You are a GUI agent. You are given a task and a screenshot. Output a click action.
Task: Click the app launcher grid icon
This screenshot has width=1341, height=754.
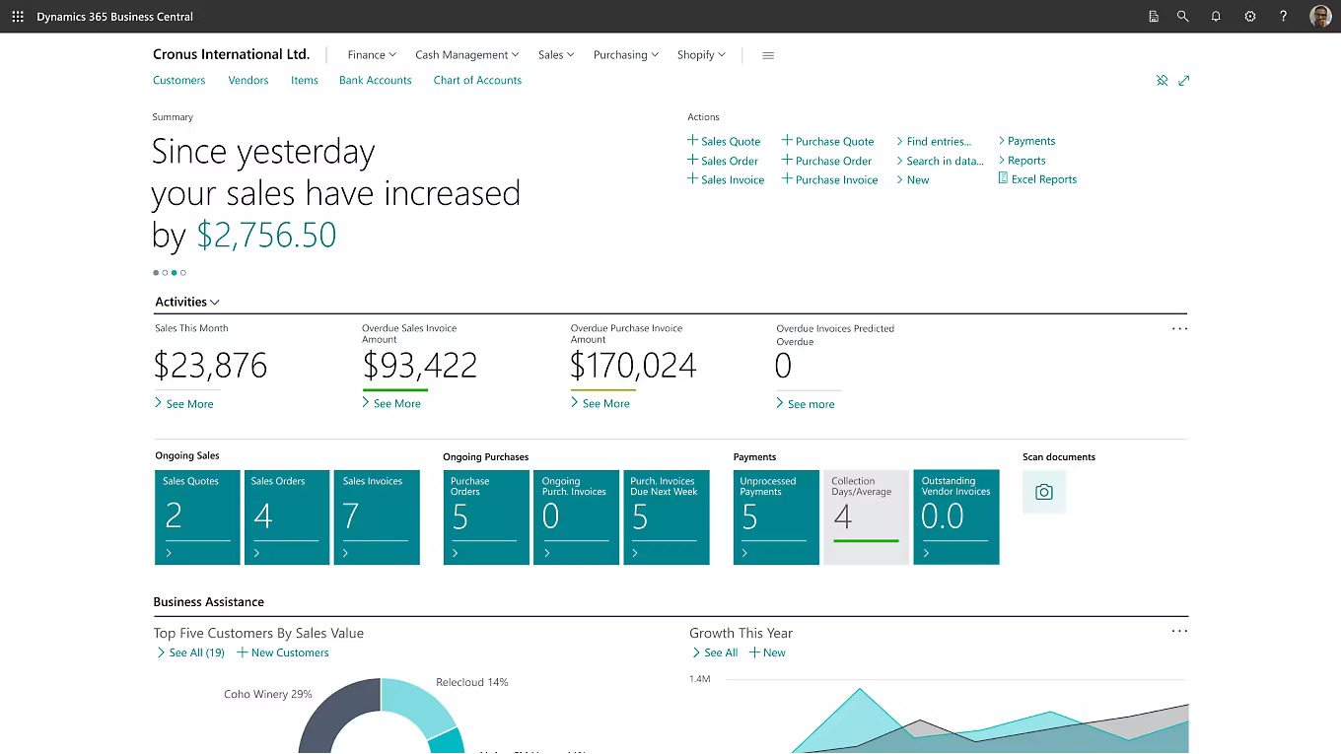pos(18,17)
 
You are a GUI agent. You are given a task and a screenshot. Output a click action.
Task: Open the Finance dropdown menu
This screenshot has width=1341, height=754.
pos(371,55)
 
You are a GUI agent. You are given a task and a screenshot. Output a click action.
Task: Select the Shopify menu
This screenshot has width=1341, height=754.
pos(700,55)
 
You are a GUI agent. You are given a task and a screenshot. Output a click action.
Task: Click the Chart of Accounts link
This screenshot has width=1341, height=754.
pos(477,81)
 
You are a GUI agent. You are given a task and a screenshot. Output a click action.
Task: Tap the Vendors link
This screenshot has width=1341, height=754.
pos(248,81)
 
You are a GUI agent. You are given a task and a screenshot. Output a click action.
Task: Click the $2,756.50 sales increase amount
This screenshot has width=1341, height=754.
pos(266,236)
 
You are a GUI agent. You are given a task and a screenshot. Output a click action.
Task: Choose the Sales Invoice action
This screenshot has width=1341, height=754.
pos(732,180)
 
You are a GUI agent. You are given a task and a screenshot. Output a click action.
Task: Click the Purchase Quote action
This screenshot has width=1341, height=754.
pos(834,142)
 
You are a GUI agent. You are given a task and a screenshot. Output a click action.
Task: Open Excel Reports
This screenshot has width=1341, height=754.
pos(1043,179)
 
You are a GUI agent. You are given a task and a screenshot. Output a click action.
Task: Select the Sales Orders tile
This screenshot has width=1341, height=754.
pos(287,517)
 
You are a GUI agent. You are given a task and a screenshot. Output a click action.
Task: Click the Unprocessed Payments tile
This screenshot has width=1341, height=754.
pos(776,517)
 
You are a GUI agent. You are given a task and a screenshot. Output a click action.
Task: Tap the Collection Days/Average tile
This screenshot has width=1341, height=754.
pos(866,517)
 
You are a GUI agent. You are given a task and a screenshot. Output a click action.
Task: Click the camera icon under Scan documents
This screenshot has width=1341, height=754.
pos(1044,493)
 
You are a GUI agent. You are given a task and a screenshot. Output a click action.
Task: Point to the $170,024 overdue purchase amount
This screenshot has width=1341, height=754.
pos(633,367)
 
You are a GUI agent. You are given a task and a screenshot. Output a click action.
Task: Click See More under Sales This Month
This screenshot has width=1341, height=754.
pos(189,404)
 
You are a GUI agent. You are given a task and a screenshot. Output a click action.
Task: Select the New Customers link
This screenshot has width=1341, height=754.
pos(289,653)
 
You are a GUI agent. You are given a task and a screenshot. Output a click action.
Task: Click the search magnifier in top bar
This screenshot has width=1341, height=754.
pos(1182,17)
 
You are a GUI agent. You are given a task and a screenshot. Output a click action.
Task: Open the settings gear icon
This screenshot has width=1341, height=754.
pos(1249,17)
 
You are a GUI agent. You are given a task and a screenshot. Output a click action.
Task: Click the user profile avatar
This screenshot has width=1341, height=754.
pos(1319,17)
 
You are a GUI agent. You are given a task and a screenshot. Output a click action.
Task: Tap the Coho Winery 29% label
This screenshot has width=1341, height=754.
pos(267,695)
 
